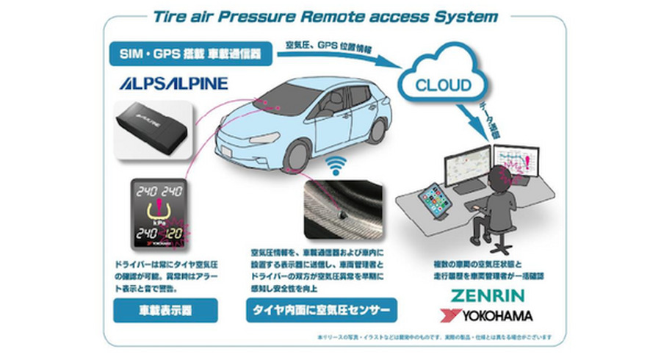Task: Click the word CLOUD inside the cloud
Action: tap(444, 85)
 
